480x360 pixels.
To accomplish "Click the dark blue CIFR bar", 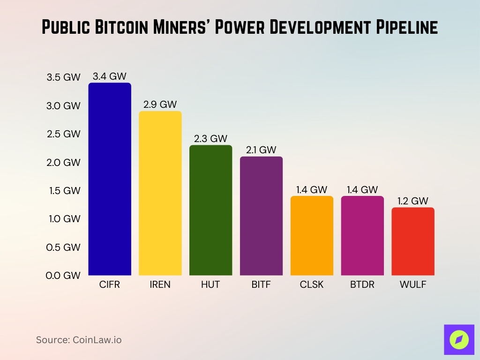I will [110, 179].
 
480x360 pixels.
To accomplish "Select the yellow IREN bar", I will [160, 193].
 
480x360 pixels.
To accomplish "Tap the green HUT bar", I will [210, 210].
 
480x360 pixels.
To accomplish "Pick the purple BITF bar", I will [261, 216].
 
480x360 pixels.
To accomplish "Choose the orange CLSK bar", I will [312, 235].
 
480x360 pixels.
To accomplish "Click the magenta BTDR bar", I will [362, 235].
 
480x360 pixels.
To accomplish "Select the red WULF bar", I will [413, 241].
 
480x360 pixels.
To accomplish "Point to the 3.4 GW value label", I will [110, 76].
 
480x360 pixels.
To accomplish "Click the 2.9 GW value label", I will [160, 105].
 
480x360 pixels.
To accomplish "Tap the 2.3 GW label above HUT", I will [210, 138].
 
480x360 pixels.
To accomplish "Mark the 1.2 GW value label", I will [413, 201].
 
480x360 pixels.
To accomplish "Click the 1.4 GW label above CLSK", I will [312, 190].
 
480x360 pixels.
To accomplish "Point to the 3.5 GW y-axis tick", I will [63, 77].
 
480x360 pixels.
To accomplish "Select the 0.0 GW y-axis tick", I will [63, 276].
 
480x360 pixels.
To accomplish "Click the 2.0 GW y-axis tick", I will [63, 163].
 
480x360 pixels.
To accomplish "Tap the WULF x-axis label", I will [413, 285].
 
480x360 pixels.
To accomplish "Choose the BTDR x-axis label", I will [362, 285].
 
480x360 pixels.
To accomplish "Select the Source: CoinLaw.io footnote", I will [79, 340].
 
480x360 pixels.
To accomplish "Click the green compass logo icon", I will [459, 339].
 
